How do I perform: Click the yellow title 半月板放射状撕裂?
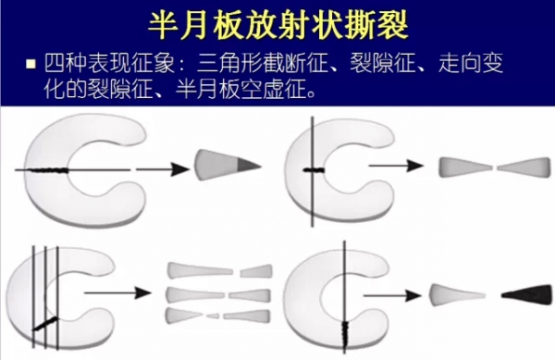[278, 26]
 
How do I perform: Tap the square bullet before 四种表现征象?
[31, 64]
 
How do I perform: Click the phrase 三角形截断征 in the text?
[262, 63]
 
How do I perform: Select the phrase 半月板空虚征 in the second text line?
[240, 89]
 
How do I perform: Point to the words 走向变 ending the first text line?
[471, 63]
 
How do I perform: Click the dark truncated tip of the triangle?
[248, 165]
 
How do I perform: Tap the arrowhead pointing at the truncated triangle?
[180, 169]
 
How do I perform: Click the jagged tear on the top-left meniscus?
[49, 170]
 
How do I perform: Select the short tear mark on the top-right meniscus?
[314, 170]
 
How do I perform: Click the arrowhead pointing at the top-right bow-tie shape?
[414, 166]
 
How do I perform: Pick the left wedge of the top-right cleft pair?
[465, 168]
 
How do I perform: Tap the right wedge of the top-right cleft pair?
[524, 168]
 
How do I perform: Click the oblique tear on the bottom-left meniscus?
[46, 324]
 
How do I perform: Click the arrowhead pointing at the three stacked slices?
[143, 292]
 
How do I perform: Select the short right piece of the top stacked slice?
[256, 271]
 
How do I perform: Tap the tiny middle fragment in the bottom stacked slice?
[213, 316]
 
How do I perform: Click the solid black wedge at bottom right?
[526, 295]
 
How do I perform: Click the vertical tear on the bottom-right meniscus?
[345, 333]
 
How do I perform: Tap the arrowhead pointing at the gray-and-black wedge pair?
[413, 295]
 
